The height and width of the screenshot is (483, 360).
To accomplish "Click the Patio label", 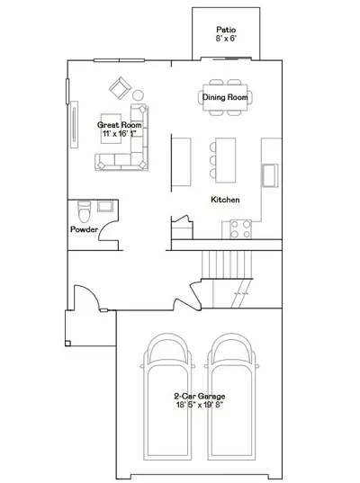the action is pos(226,30).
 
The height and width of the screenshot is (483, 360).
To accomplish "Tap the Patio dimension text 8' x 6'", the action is pos(226,39).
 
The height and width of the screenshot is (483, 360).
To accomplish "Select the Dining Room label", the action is pos(225,97).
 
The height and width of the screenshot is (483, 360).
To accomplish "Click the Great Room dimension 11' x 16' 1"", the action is pos(120,133).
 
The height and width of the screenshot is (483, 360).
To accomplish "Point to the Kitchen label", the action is pos(225,200).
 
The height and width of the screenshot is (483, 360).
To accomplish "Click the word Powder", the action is pos(84,229).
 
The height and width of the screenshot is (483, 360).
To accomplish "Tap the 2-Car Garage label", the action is pos(200,396).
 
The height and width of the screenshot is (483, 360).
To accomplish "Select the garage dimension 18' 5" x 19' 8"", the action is pos(200,405).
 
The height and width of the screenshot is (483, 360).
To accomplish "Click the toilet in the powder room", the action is pos(84,211).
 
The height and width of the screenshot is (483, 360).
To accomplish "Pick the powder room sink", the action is pos(105,206).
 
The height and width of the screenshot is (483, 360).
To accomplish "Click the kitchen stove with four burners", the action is pos(240,229).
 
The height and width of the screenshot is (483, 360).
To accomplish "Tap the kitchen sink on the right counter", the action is pos(270,175).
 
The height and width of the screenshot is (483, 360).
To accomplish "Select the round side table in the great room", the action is pos(138,94).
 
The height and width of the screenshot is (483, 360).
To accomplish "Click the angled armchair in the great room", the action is pos(120,88).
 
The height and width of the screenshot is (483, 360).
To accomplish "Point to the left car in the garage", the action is pos(167,397).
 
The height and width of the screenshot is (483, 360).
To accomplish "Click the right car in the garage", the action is pos(232,397).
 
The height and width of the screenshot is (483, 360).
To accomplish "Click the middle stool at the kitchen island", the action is pos(212,160).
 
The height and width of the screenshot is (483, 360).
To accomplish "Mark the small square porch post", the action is pos(67,344).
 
